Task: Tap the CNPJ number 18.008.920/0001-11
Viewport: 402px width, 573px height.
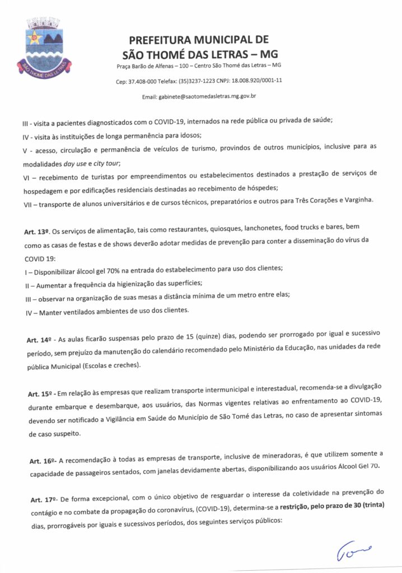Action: pyautogui.click(x=260, y=81)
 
